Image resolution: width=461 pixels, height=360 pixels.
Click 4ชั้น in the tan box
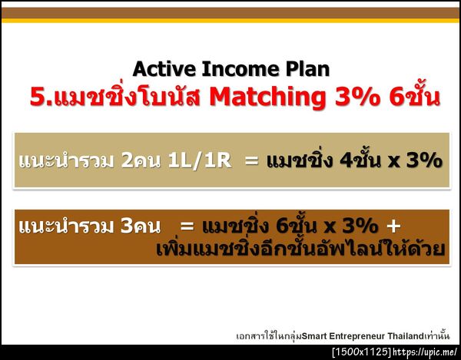(353, 161)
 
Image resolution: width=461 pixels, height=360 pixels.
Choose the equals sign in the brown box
(186, 226)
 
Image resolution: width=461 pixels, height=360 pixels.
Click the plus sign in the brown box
(393, 226)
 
